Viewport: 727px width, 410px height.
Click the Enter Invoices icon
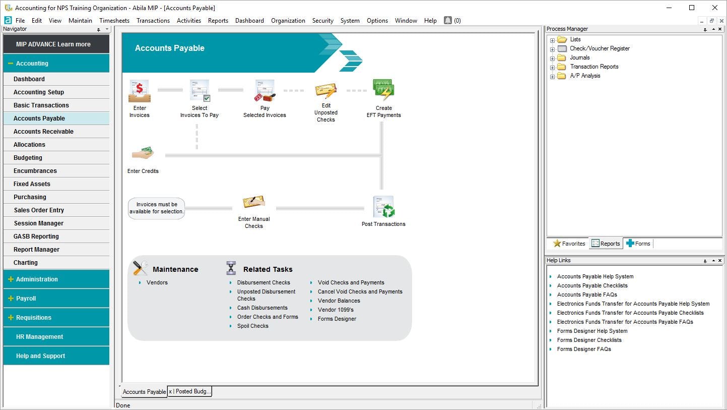(140, 91)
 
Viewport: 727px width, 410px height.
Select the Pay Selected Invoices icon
(265, 91)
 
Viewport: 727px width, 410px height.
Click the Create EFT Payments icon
(383, 90)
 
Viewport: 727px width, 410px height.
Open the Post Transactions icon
(383, 207)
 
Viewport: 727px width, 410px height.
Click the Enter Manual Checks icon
(254, 203)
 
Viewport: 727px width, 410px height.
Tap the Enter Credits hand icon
(143, 153)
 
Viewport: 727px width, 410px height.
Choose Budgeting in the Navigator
(28, 158)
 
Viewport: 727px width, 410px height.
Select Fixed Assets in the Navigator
(32, 184)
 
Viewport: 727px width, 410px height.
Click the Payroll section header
(26, 299)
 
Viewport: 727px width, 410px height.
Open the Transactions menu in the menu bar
(153, 21)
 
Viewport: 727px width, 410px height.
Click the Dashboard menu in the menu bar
(249, 21)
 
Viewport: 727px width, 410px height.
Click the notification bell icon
(448, 20)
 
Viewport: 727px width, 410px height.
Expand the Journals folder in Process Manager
(553, 58)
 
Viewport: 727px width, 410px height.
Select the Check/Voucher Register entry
(600, 48)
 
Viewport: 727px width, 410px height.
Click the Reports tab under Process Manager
(606, 244)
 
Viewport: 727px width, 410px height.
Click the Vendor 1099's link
(336, 310)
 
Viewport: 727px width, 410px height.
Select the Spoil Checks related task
(253, 326)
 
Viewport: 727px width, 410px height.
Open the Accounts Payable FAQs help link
(587, 295)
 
